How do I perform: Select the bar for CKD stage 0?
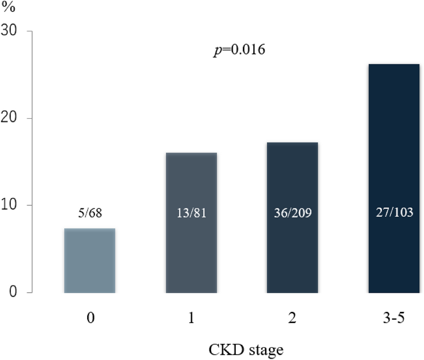pyautogui.click(x=89, y=260)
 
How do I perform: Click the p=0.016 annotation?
pyautogui.click(x=239, y=50)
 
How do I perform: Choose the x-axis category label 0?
pyautogui.click(x=90, y=318)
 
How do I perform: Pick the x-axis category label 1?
pyautogui.click(x=191, y=318)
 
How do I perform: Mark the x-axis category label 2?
pyautogui.click(x=293, y=318)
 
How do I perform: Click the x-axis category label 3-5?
pyautogui.click(x=394, y=318)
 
